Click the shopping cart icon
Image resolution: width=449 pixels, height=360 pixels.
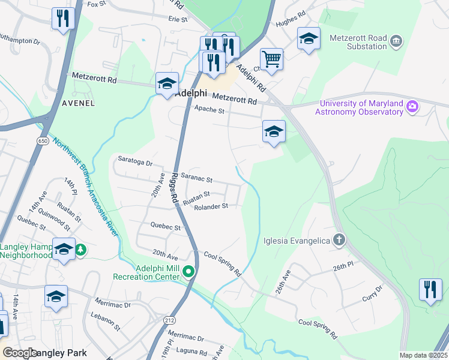click(x=271, y=59)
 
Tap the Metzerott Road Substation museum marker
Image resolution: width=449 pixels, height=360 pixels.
click(x=396, y=41)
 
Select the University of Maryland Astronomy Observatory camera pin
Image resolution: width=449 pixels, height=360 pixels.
click(x=412, y=107)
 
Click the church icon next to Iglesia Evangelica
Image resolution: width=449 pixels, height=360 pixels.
click(x=339, y=241)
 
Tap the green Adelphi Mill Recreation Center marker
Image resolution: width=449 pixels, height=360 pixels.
click(x=189, y=272)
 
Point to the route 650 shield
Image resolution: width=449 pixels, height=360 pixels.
click(x=43, y=140)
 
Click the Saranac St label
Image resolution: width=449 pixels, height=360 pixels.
click(x=197, y=179)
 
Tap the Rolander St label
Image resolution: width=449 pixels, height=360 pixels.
click(x=211, y=206)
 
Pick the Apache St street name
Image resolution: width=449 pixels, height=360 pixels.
click(x=209, y=110)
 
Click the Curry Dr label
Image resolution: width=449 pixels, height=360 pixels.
click(x=372, y=298)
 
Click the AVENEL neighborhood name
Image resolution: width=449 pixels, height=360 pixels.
click(x=78, y=103)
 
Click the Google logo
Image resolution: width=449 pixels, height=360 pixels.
click(x=20, y=353)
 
